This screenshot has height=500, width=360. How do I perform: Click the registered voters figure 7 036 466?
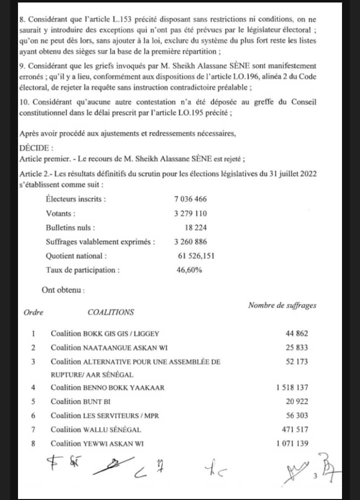(x=190, y=199)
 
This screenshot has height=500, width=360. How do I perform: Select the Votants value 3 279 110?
(x=190, y=213)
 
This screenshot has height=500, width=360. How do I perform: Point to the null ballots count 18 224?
(x=196, y=227)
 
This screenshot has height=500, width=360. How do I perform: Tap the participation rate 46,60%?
(x=188, y=270)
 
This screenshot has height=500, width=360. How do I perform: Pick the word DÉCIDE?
(x=33, y=148)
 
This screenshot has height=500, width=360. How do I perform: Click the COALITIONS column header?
(x=110, y=312)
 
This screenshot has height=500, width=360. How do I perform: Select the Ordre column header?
(x=33, y=312)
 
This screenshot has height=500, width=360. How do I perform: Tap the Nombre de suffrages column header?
(x=282, y=305)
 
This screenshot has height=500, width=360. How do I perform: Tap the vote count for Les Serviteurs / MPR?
(x=297, y=415)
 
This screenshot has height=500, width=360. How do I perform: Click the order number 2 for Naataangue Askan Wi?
(x=33, y=347)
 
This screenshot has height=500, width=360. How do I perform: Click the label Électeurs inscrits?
(x=75, y=199)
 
